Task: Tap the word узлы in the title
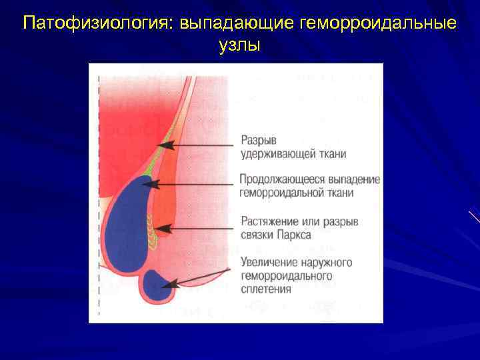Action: point(240,45)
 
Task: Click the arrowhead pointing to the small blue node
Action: point(171,285)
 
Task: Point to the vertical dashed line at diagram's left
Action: point(99,200)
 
